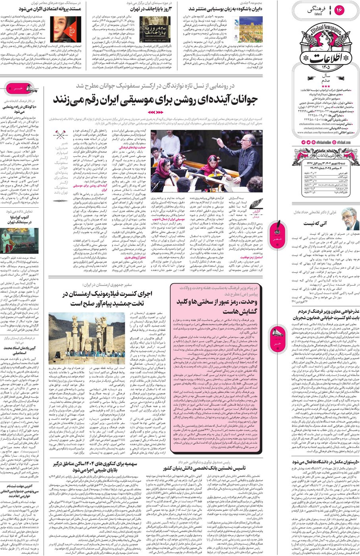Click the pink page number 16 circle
click(x=339, y=10)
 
